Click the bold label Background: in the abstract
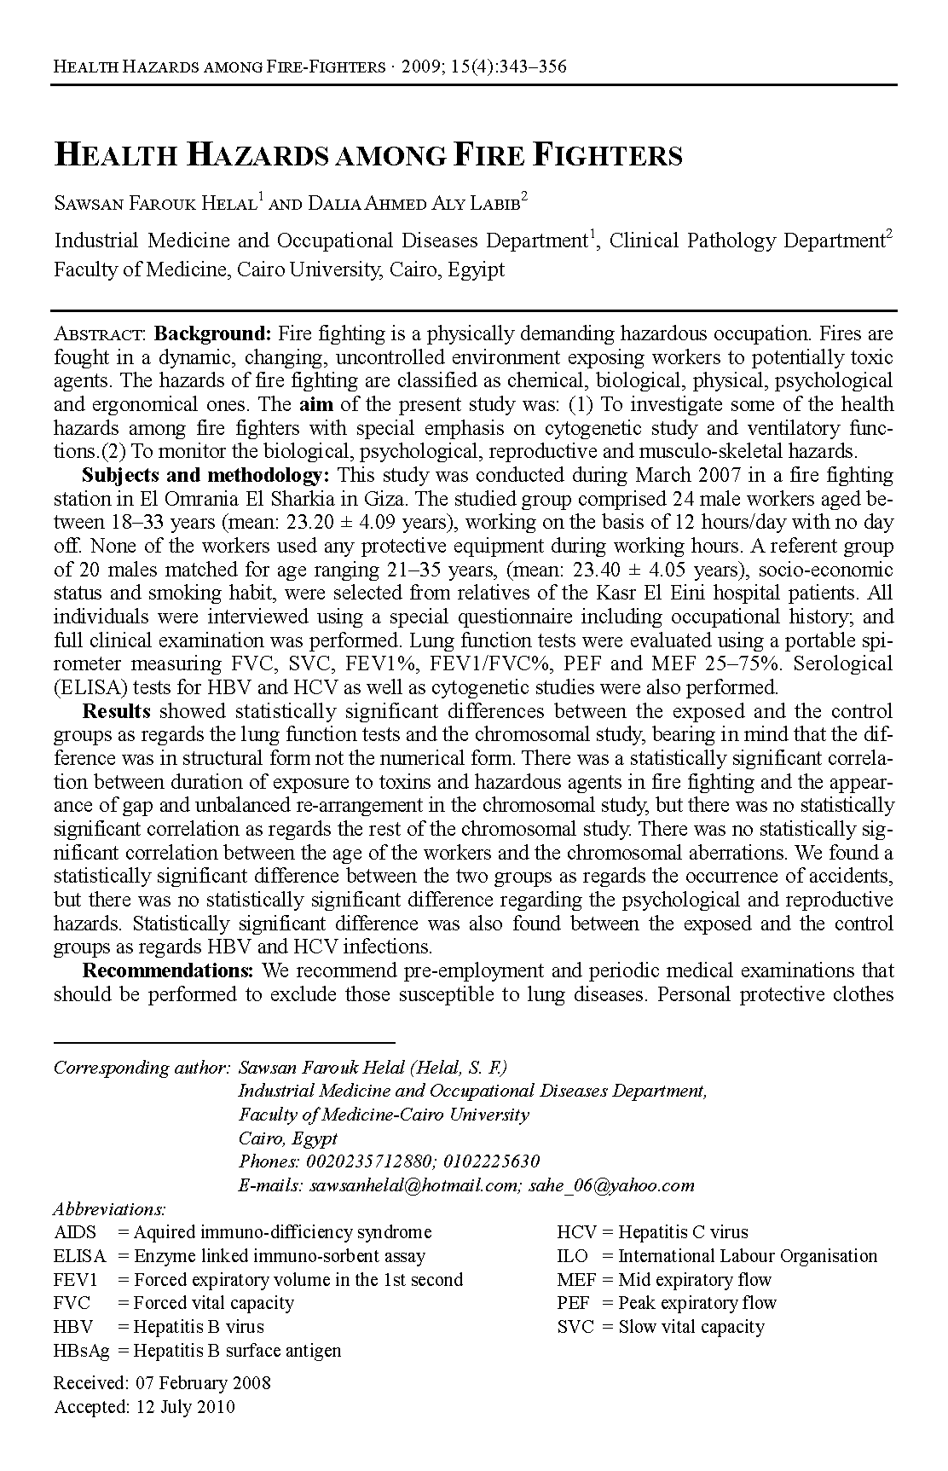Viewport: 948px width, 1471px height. tap(212, 333)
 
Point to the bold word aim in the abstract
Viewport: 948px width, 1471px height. tap(314, 403)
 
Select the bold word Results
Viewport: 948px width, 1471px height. tap(117, 710)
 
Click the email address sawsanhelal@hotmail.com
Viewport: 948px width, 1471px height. tap(415, 1184)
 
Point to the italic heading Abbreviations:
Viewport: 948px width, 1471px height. tap(109, 1208)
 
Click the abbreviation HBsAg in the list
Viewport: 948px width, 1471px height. tap(81, 1350)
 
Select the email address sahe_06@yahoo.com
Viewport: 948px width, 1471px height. tap(611, 1184)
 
